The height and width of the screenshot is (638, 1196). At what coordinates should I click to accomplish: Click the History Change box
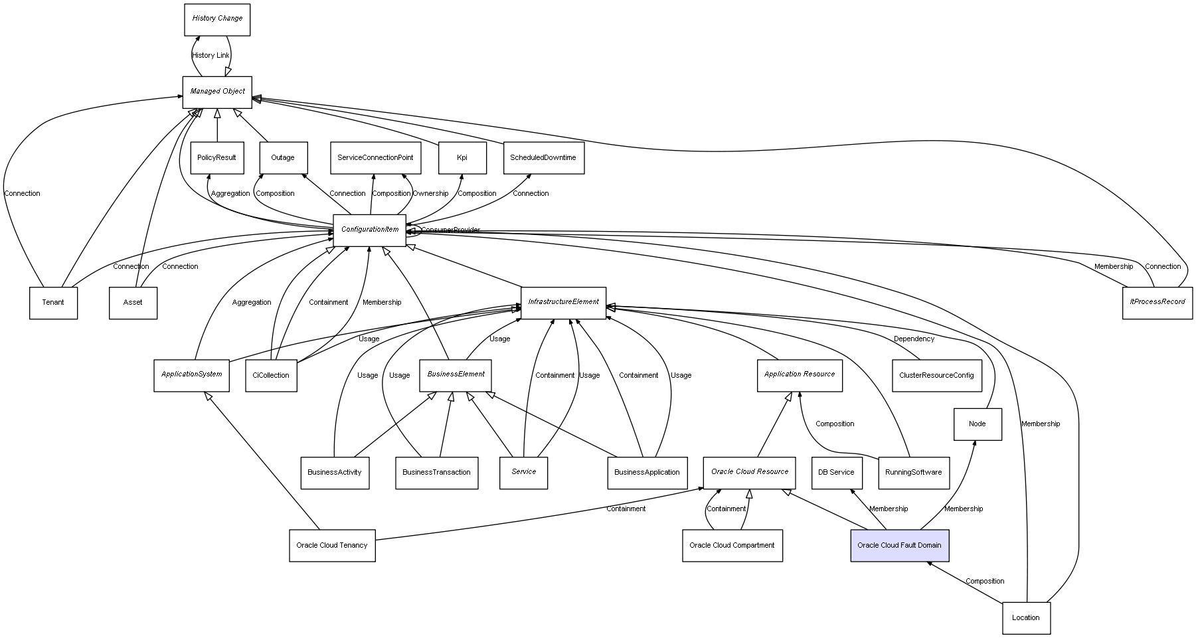(217, 19)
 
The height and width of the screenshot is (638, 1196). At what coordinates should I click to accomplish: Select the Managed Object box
(217, 92)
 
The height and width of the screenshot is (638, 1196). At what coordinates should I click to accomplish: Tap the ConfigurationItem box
(369, 230)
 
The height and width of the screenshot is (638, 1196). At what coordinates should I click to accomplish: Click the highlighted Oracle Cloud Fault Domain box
(899, 546)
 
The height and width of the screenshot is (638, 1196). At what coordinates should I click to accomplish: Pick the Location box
(1026, 618)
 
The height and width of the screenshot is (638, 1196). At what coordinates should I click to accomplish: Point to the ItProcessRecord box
(1157, 302)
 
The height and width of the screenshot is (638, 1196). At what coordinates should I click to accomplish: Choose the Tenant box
(53, 303)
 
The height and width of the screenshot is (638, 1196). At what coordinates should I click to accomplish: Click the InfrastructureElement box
(563, 302)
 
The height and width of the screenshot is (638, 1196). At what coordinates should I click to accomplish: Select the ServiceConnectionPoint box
(375, 158)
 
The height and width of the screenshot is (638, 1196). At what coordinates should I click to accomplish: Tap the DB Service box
(836, 473)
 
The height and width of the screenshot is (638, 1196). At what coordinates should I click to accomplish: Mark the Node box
(977, 424)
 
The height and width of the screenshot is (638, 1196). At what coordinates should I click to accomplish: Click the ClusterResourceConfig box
(936, 376)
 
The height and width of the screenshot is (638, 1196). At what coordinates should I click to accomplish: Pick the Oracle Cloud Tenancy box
(332, 546)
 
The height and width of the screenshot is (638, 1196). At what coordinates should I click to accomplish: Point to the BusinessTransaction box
(436, 473)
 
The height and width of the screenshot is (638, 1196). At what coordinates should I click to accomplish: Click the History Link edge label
(211, 56)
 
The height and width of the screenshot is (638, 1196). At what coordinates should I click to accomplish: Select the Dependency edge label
(914, 339)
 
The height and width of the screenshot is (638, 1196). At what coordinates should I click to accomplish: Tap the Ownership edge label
(430, 194)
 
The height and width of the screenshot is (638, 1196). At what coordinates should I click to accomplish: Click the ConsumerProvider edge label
(450, 230)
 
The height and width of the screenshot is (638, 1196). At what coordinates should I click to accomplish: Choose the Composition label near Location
(985, 582)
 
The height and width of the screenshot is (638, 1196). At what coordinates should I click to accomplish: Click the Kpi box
(462, 158)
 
